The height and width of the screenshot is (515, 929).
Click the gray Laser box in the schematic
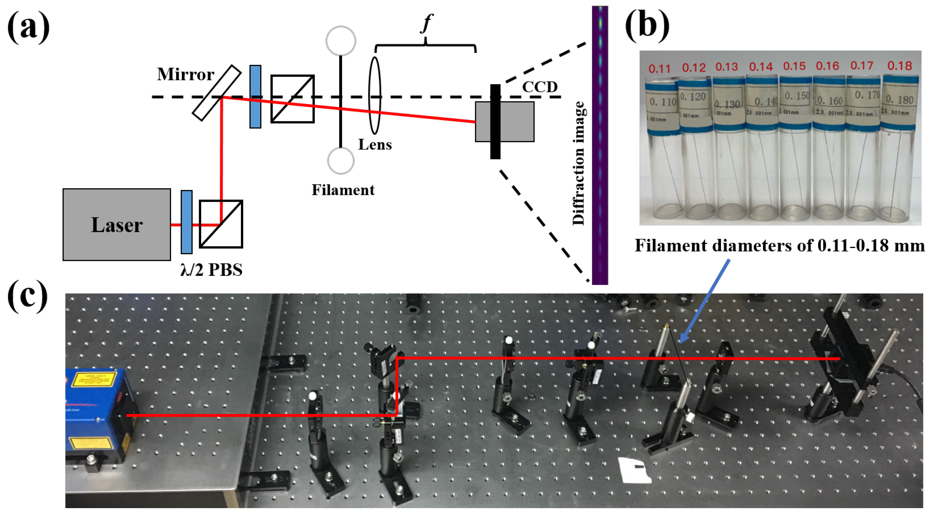coord(116,224)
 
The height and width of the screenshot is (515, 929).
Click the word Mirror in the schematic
coord(185,74)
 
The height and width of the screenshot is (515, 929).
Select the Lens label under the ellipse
coord(375,145)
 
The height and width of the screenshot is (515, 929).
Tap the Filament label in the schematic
coord(343,190)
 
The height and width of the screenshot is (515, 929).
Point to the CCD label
coord(539,87)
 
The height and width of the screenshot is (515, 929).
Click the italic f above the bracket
coord(426,24)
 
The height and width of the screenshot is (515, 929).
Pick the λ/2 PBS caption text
coord(211,270)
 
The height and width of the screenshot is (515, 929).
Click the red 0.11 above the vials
coord(659,69)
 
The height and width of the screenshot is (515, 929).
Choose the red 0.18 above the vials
coord(899,66)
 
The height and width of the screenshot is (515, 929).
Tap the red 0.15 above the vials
coord(794,66)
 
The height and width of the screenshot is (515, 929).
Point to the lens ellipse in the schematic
coord(375,96)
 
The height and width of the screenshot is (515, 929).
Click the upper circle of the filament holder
coord(341,41)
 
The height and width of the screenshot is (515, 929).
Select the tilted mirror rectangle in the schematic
coord(216,93)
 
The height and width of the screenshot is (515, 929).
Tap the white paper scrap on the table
coord(635,470)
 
